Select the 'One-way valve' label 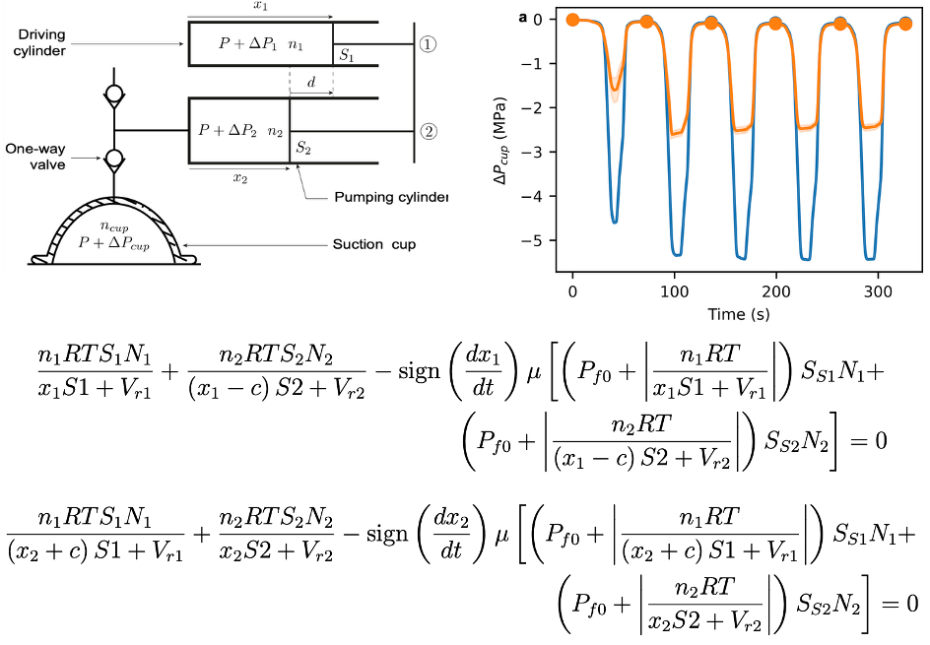pyautogui.click(x=35, y=157)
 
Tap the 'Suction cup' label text pyautogui.click(x=374, y=243)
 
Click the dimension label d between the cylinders pyautogui.click(x=311, y=84)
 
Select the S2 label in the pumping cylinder pyautogui.click(x=303, y=148)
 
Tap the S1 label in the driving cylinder pyautogui.click(x=347, y=56)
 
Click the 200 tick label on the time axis pyautogui.click(x=776, y=293)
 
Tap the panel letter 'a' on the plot pyautogui.click(x=523, y=17)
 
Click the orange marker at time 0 pyautogui.click(x=572, y=20)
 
